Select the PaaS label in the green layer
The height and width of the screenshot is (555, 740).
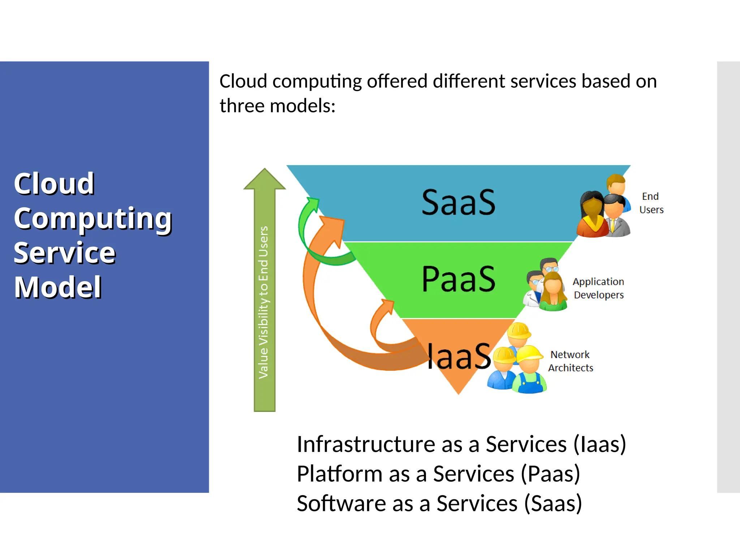(x=458, y=279)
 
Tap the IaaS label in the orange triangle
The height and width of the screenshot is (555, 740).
(x=458, y=357)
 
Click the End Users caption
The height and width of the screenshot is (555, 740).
(x=651, y=203)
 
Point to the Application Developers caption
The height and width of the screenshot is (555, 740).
(x=598, y=288)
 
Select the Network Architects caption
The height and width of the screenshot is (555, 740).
(x=571, y=361)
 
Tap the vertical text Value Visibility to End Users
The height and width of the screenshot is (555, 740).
(x=264, y=302)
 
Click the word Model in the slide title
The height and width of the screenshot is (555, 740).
(x=58, y=287)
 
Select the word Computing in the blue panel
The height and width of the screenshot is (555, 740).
(x=93, y=218)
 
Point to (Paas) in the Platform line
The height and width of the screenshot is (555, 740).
(x=550, y=474)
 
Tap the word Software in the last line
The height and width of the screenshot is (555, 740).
(x=341, y=503)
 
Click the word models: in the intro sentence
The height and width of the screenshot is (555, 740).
(x=302, y=106)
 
